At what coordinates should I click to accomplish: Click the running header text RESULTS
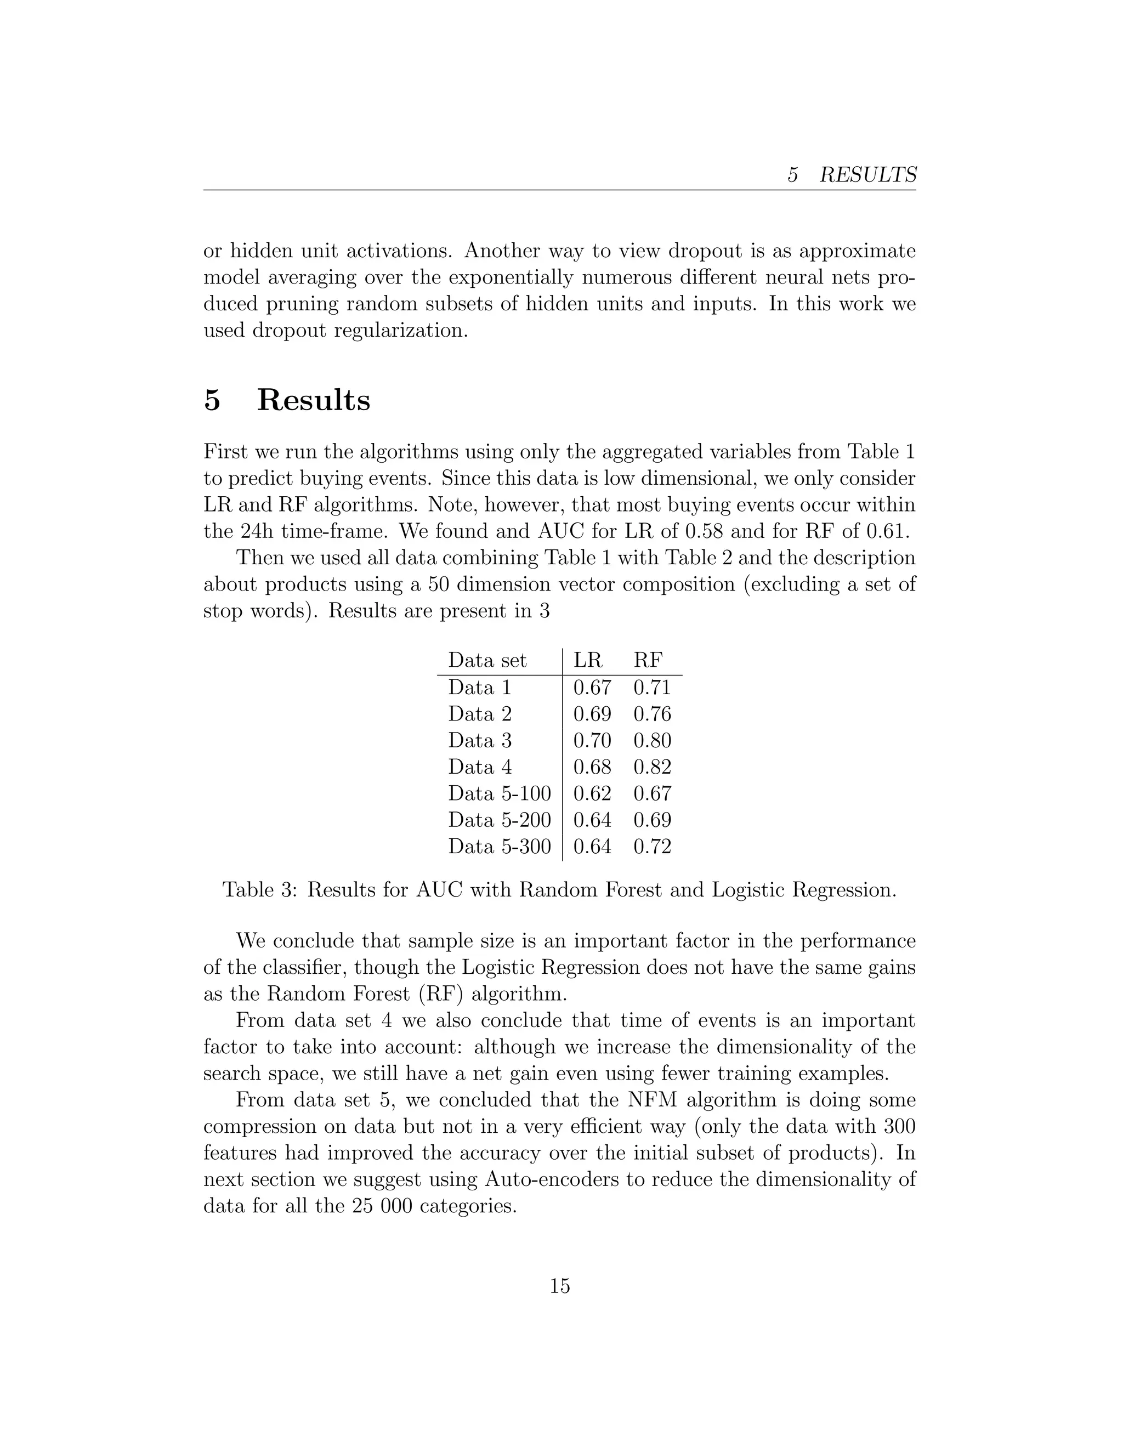867,175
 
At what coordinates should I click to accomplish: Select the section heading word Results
313,400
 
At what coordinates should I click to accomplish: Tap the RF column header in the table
648,660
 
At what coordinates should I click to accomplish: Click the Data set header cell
487,660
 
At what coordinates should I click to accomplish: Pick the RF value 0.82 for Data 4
652,767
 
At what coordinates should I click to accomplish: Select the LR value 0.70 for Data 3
592,740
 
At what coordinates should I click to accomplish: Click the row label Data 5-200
499,820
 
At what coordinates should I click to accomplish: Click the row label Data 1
479,687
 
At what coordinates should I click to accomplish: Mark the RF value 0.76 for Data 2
652,714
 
